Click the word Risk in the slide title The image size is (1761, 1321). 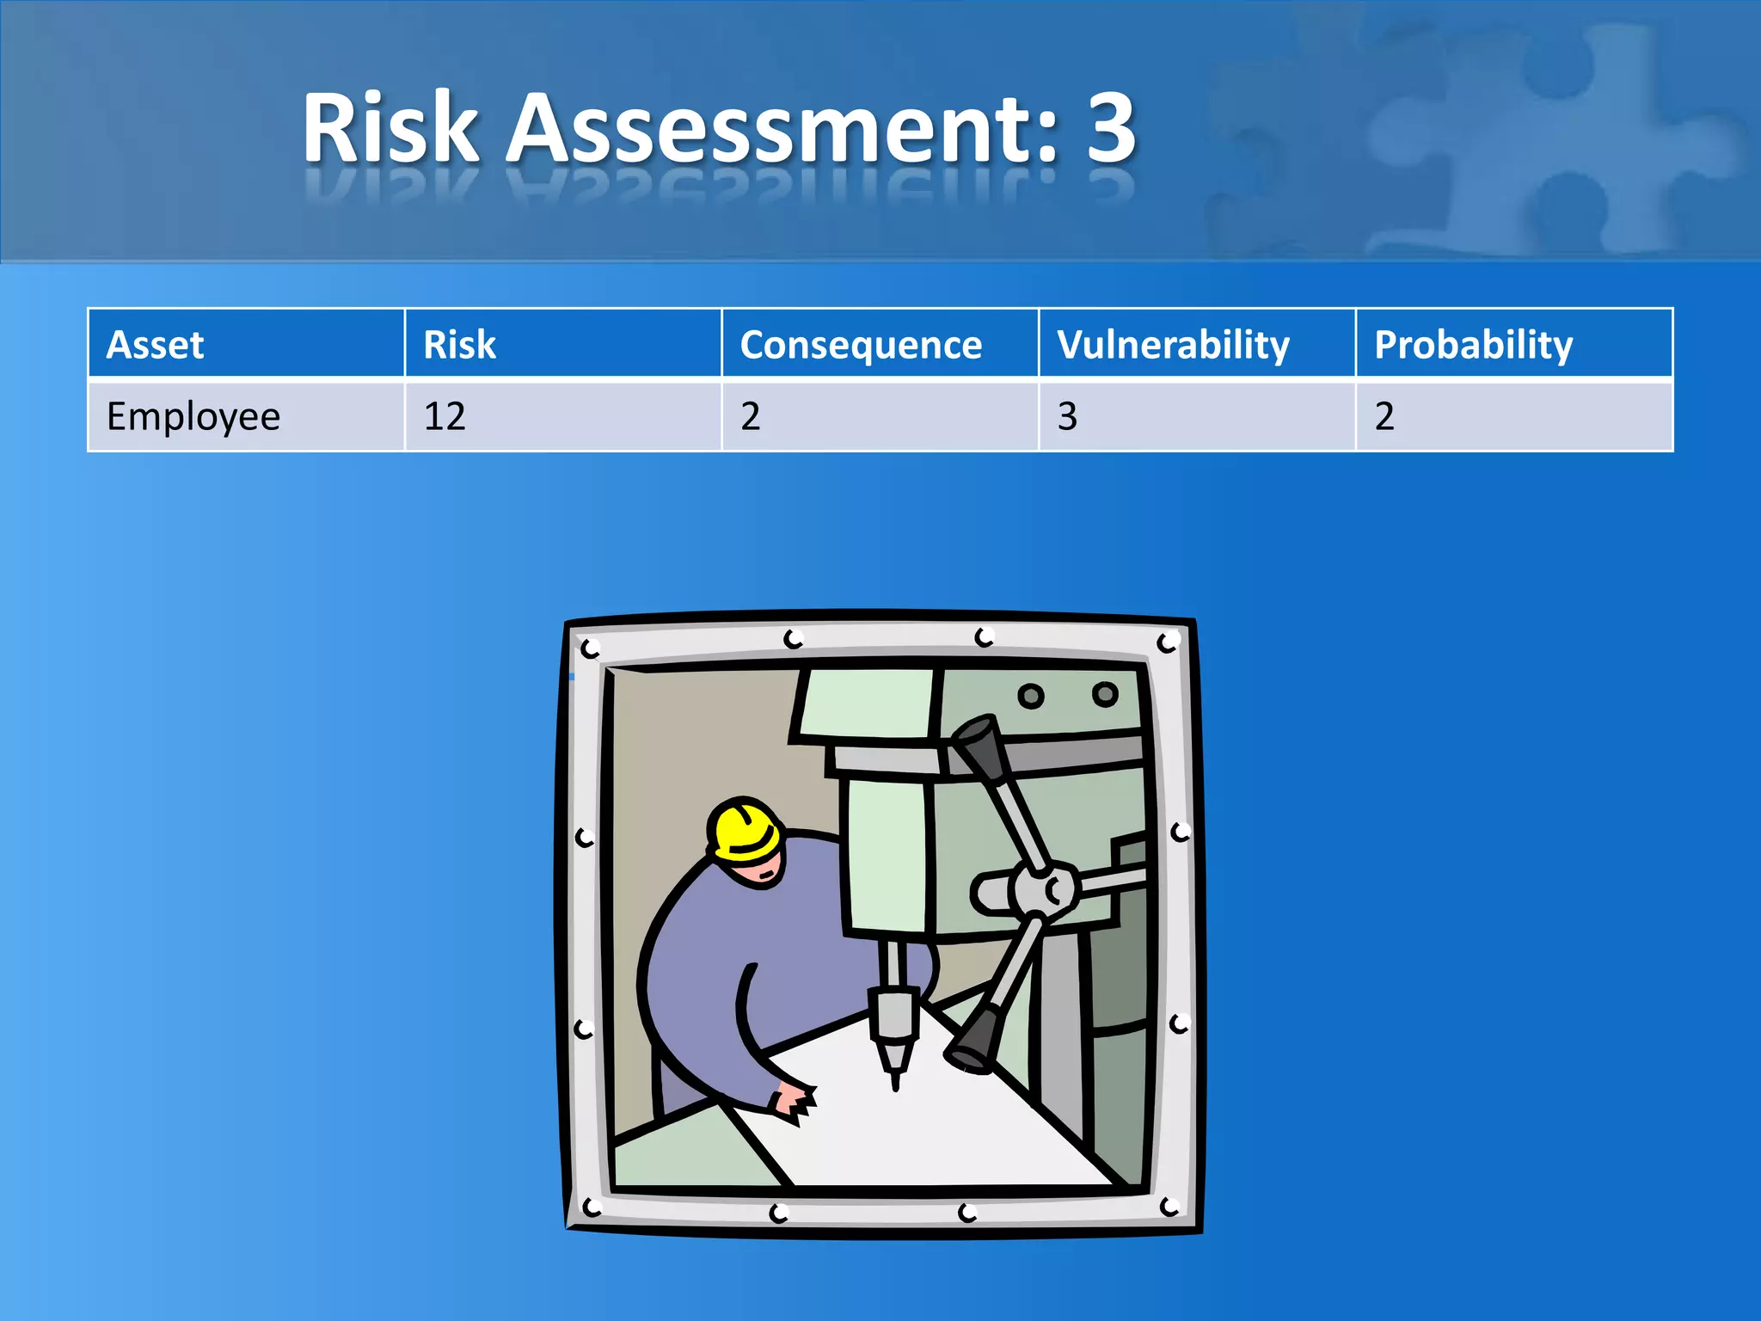coord(390,129)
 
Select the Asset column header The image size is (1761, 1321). coord(156,345)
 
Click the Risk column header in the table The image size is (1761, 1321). coord(460,345)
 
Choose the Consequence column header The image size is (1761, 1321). coord(861,345)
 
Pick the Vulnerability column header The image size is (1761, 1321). coord(1174,345)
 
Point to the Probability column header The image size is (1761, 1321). coord(1474,345)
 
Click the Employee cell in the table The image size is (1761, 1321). coord(193,417)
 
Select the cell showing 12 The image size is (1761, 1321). coord(445,417)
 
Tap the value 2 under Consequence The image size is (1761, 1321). coord(751,417)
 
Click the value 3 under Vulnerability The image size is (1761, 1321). coord(1067,417)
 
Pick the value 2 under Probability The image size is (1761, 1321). coord(1384,417)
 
